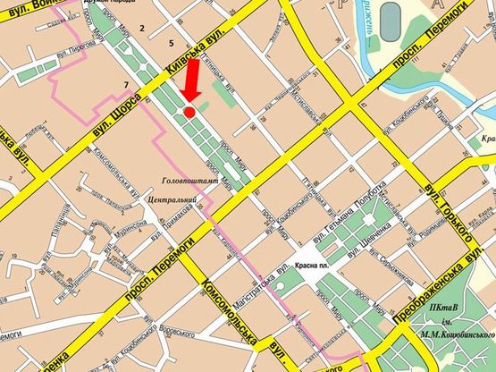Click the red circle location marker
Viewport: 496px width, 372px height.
pyautogui.click(x=189, y=111)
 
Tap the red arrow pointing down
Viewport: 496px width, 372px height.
pyautogui.click(x=190, y=87)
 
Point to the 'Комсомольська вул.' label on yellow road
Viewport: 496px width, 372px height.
pyautogui.click(x=230, y=313)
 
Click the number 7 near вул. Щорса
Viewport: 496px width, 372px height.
pyautogui.click(x=126, y=85)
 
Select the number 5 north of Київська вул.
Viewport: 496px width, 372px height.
pyautogui.click(x=170, y=43)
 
